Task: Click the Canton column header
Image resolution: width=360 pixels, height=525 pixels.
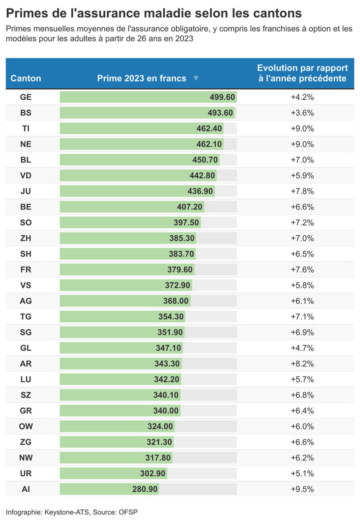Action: (26, 78)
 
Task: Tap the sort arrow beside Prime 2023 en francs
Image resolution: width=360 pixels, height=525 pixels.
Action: (196, 78)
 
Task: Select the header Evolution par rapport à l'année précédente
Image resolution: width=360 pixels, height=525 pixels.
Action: (302, 73)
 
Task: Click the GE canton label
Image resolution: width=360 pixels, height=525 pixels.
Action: (26, 97)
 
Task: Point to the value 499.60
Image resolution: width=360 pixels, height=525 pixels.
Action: (222, 97)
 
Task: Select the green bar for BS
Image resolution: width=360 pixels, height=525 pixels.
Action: (147, 113)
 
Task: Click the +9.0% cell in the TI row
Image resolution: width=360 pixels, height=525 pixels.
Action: (302, 128)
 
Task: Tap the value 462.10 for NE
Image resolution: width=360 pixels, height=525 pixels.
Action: (209, 144)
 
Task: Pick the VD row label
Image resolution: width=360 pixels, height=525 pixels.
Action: (26, 175)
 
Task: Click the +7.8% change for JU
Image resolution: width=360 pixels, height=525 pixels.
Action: (302, 191)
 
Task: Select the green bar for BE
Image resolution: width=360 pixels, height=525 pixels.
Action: (132, 207)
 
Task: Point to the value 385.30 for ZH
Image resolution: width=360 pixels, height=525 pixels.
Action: (182, 238)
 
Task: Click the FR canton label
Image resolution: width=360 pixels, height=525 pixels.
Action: (26, 269)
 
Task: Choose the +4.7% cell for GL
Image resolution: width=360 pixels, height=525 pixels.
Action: (302, 348)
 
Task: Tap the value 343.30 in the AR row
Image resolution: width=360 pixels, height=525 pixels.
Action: (167, 364)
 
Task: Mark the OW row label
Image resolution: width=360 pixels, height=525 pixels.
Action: (26, 427)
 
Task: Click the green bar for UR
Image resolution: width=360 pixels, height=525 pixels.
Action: (113, 474)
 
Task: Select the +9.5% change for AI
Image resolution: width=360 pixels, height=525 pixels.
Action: (302, 489)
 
